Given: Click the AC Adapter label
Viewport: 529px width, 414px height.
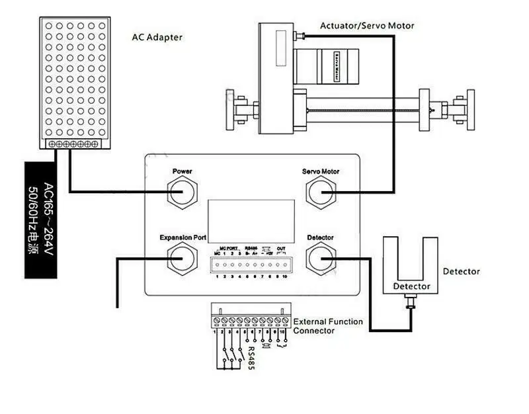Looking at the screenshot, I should (157, 38).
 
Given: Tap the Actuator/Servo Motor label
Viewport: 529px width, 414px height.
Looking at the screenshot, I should (367, 26).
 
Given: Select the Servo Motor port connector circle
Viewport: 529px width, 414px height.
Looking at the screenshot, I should (321, 192).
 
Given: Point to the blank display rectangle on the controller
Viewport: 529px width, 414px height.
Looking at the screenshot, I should (251, 218).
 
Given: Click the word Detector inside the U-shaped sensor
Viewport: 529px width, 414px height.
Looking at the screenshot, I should (411, 286).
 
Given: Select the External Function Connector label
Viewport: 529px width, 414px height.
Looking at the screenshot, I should (328, 326).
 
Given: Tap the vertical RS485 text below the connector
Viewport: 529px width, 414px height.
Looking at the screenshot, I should (251, 359).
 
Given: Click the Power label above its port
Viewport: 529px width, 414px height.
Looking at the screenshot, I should (182, 172).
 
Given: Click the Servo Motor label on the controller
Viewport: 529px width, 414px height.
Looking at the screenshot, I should (321, 172).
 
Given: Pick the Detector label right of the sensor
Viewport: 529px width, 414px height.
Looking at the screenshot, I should (462, 271).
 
